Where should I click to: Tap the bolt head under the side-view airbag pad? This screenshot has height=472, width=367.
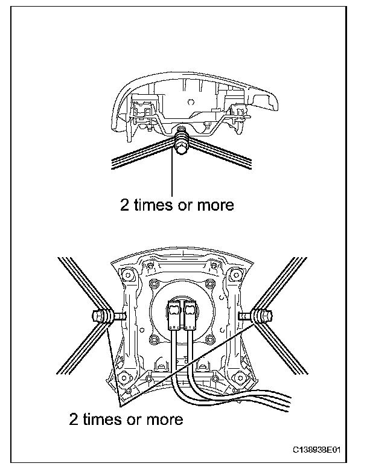tap(181, 145)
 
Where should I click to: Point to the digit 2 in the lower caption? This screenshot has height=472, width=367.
tap(74, 418)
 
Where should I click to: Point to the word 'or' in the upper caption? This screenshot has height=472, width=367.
tap(187, 206)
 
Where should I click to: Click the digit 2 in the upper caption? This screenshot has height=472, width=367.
tap(124, 206)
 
